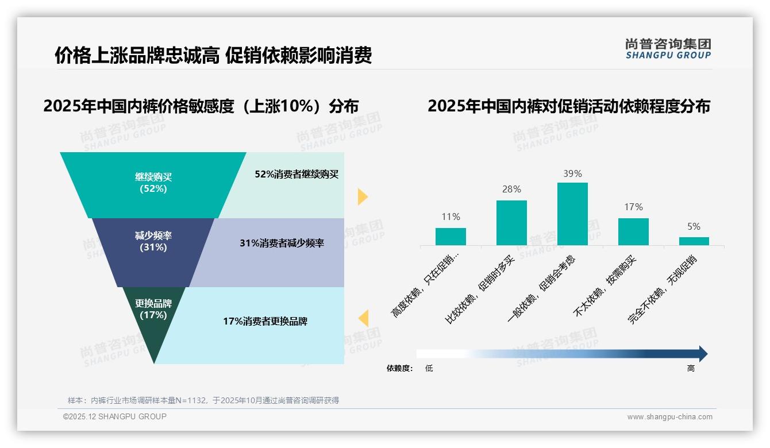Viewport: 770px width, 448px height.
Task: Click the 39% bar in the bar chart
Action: [x=572, y=214]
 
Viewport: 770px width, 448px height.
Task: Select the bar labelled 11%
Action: [x=451, y=237]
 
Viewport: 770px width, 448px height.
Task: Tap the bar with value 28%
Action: [x=511, y=223]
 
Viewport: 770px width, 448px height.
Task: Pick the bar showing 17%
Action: [x=633, y=231]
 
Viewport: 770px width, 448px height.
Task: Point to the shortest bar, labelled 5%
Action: [x=694, y=241]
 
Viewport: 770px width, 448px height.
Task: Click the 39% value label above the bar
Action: [x=572, y=173]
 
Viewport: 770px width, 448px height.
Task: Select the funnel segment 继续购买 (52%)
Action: [x=153, y=183]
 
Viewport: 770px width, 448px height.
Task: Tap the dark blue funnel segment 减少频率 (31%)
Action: [x=153, y=242]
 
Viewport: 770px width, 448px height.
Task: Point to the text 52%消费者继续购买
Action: [x=297, y=174]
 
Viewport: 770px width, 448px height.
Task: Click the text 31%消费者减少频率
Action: [x=282, y=243]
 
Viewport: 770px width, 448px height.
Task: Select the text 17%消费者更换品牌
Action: [x=265, y=321]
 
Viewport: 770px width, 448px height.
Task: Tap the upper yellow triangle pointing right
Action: [x=362, y=196]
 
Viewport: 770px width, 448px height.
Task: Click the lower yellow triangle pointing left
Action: [x=363, y=318]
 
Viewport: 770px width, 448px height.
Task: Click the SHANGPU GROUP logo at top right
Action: [x=668, y=48]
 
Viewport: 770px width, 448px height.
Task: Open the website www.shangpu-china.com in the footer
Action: [x=669, y=416]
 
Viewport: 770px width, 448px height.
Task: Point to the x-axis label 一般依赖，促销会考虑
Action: [x=541, y=289]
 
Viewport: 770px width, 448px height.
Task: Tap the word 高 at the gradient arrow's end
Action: [x=691, y=368]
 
